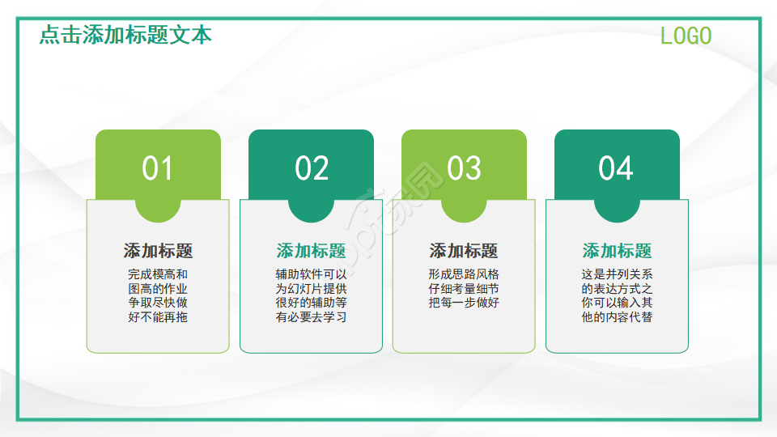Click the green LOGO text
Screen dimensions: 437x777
click(x=686, y=36)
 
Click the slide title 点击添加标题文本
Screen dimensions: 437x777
click(x=125, y=35)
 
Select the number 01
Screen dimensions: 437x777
click(x=158, y=168)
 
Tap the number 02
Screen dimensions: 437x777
click(x=312, y=168)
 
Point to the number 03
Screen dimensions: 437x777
click(x=464, y=168)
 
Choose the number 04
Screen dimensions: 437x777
click(x=616, y=168)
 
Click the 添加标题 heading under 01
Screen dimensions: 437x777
click(x=158, y=251)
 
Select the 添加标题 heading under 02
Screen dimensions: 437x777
click(x=311, y=251)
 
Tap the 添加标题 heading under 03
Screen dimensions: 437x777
click(x=464, y=251)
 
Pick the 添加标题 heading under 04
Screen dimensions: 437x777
click(x=617, y=251)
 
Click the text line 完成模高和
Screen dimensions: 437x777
click(x=158, y=274)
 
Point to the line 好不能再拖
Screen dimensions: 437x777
click(x=158, y=317)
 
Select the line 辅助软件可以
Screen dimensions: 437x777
click(x=311, y=274)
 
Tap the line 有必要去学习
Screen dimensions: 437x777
click(x=311, y=317)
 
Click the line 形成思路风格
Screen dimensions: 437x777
click(x=464, y=274)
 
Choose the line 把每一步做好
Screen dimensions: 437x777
click(x=464, y=303)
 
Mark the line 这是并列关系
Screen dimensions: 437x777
click(x=617, y=274)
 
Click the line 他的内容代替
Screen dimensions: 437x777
click(x=617, y=317)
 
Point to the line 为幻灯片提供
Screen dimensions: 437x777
click(x=311, y=289)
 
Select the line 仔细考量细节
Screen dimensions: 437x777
click(x=464, y=289)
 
